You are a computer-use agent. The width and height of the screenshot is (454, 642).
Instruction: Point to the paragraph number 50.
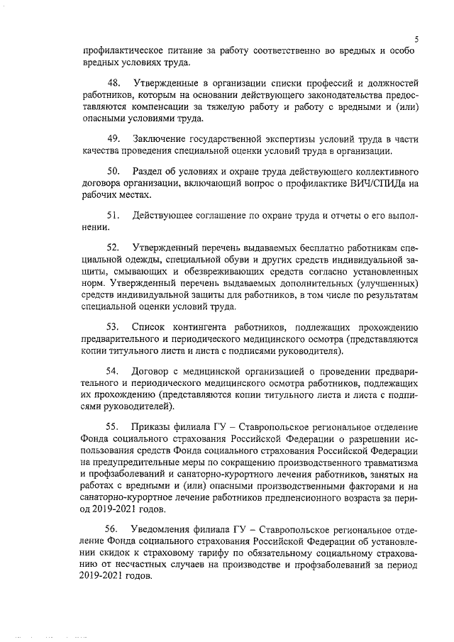click(x=113, y=172)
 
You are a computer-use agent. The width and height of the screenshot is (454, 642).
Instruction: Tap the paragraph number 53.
click(x=113, y=326)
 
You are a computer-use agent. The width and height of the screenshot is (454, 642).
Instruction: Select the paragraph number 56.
click(x=113, y=529)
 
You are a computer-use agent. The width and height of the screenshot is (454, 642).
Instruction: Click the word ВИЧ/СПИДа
click(x=373, y=184)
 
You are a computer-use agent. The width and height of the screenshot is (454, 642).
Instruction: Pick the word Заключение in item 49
click(x=164, y=137)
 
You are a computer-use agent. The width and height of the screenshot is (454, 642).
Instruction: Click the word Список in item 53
click(x=151, y=326)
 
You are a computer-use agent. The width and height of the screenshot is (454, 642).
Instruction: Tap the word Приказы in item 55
click(x=153, y=426)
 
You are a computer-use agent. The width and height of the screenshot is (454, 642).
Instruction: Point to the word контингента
click(x=214, y=326)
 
